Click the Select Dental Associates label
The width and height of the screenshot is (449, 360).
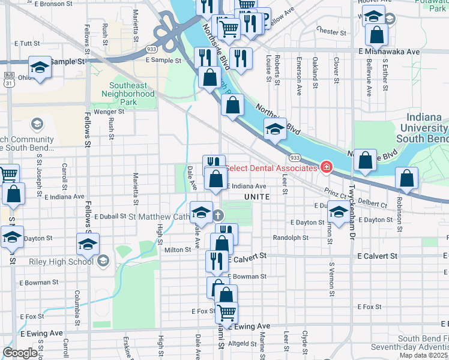click(271, 168)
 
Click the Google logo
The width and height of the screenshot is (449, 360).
click(20, 353)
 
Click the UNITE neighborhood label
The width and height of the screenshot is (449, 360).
click(257, 197)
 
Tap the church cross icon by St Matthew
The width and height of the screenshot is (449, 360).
click(218, 216)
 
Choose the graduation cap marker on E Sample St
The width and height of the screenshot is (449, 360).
click(40, 67)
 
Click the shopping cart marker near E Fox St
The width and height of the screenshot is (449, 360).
click(226, 312)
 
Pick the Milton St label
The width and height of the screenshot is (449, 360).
click(177, 250)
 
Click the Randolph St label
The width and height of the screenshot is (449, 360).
click(290, 238)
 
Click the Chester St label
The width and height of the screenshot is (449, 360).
click(328, 31)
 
